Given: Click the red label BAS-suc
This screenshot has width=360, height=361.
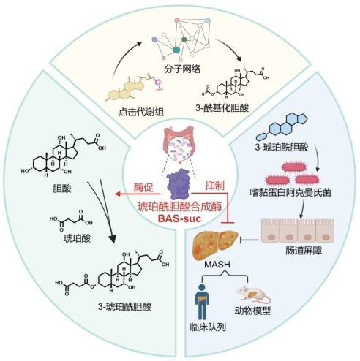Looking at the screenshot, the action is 179,218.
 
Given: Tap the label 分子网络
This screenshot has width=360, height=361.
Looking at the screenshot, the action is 182,69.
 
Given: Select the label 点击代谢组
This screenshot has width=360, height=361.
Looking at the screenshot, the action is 141,112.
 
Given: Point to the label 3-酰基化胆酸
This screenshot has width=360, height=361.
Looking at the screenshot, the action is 222,107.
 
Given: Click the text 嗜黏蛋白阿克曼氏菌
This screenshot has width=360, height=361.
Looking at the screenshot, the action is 290,192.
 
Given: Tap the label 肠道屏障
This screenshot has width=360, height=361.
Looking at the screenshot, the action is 304,251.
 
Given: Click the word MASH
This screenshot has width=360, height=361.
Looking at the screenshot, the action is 217,265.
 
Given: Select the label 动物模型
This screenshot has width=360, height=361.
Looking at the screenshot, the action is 252,311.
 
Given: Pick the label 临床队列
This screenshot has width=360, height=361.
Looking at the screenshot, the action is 208,327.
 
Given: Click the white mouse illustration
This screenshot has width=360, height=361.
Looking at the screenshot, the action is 253,294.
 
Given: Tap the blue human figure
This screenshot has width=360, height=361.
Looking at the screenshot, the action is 202,301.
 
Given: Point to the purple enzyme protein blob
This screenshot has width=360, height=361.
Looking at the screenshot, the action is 178,184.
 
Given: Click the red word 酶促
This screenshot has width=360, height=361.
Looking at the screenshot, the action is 143,188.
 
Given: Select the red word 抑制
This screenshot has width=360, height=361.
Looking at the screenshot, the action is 214,186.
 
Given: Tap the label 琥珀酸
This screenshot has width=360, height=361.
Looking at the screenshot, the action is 77,238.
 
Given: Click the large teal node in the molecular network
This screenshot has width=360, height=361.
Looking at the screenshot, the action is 176,50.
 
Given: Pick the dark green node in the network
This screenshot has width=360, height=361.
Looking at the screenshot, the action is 184,39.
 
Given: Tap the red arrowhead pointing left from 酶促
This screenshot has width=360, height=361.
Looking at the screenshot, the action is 118,194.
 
